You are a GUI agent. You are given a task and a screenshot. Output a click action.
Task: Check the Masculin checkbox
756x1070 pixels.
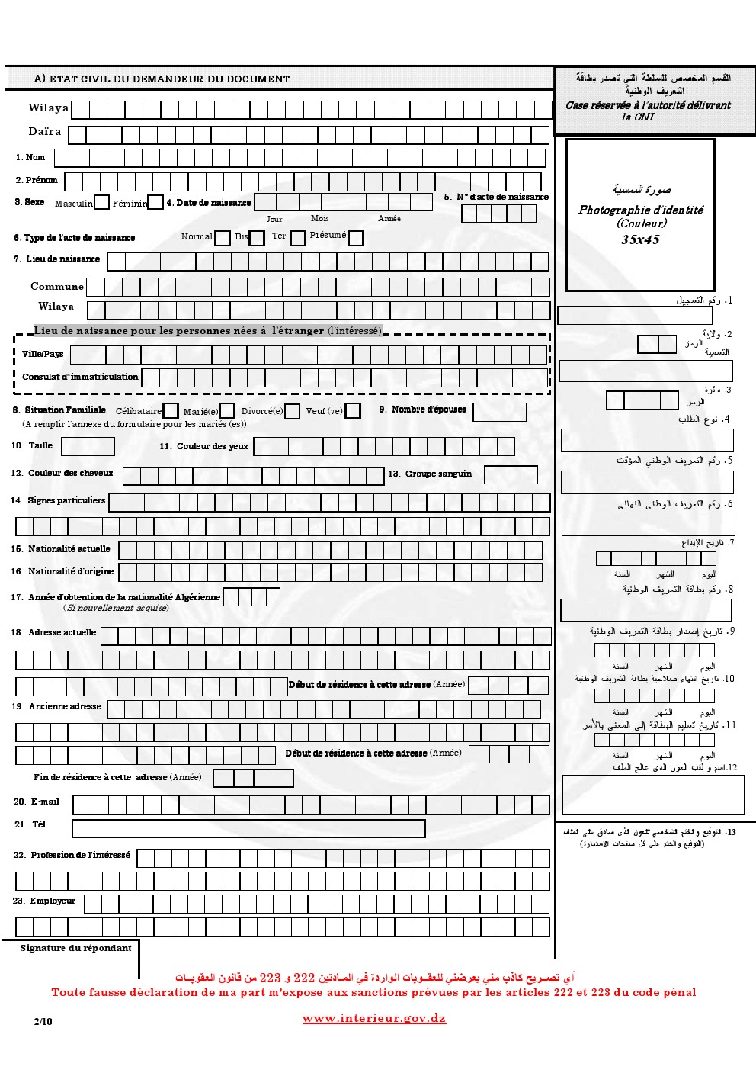(101, 203)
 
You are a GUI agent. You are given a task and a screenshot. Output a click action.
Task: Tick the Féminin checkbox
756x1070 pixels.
(155, 203)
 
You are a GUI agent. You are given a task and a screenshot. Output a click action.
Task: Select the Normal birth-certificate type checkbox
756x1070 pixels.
(222, 238)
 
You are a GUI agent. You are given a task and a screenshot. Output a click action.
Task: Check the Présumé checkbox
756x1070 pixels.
(355, 238)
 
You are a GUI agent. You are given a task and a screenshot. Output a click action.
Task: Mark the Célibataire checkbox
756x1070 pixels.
(171, 411)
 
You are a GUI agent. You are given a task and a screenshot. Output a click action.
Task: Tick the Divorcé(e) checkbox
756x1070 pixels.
(292, 411)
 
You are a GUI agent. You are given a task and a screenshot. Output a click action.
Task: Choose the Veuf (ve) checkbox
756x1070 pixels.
(352, 411)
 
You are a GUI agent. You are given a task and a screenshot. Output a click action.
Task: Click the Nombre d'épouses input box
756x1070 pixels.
(499, 412)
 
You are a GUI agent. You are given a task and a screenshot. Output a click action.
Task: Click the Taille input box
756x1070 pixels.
(88, 446)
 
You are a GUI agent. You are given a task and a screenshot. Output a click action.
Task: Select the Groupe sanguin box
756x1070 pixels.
(510, 474)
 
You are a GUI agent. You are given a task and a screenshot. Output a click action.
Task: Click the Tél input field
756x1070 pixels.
(248, 828)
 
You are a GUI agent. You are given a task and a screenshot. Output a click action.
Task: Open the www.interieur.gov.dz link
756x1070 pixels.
(374, 1019)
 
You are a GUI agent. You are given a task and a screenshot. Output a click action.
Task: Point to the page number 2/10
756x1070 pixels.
(43, 1020)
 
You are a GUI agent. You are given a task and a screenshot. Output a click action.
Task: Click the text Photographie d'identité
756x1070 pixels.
(641, 210)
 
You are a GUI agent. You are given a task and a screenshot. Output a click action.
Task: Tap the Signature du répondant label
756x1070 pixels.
(75, 948)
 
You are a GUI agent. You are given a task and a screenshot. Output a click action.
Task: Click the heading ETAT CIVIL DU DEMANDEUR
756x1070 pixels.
(162, 79)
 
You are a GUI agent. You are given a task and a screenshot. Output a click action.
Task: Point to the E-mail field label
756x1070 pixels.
(45, 802)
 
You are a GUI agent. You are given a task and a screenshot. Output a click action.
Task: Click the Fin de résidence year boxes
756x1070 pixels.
(253, 778)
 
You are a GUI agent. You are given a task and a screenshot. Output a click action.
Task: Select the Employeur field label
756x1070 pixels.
(53, 901)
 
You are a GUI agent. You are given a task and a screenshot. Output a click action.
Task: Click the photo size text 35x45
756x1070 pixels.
(640, 240)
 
